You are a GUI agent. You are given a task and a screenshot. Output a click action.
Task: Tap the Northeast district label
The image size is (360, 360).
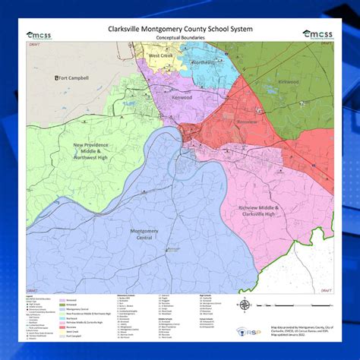[x=203, y=62]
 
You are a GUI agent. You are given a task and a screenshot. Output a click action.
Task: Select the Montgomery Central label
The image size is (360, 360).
[x=144, y=234]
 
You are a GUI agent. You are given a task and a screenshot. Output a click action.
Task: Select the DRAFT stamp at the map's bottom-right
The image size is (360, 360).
[x=325, y=289]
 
